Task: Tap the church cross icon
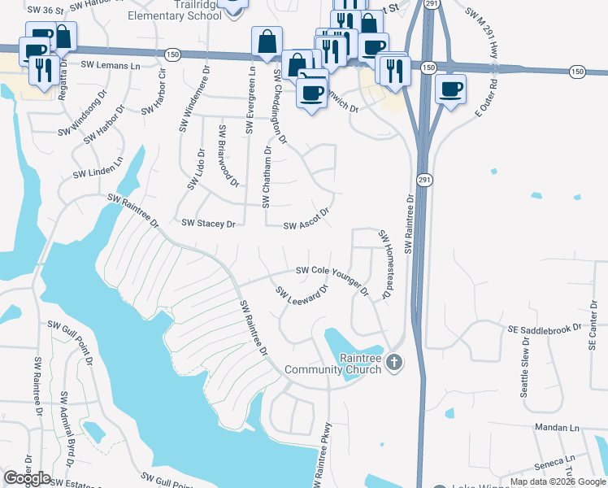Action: click(x=393, y=362)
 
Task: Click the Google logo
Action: click(x=27, y=478)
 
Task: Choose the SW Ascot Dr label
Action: click(x=306, y=221)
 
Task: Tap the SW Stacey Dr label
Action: click(x=207, y=223)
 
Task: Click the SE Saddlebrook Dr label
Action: click(x=545, y=329)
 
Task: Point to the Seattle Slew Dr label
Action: click(x=525, y=371)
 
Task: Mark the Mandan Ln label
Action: click(x=556, y=427)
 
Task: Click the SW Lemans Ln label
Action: click(x=110, y=65)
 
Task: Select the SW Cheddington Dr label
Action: click(x=280, y=106)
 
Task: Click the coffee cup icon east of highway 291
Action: click(x=450, y=89)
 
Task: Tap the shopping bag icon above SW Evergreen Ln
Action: click(x=267, y=41)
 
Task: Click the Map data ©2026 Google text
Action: click(x=558, y=481)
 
